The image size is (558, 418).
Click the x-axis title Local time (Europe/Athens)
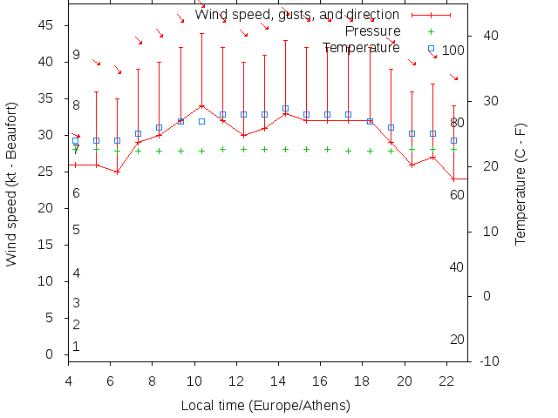pos(265,406)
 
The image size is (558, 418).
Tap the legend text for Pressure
pos(374,31)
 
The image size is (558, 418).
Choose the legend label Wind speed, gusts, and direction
pos(296,15)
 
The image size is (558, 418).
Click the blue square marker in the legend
pos(431,48)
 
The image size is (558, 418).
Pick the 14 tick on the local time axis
pos(278,380)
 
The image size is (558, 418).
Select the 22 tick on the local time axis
pos(446,380)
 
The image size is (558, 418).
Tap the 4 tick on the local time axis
pos(68,380)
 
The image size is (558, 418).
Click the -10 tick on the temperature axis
pos(490,361)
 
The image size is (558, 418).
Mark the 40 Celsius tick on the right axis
pos(490,36)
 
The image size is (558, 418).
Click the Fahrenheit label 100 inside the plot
pos(453,51)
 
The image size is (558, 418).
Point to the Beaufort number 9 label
pos(77,55)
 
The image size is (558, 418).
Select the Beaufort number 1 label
pos(77,347)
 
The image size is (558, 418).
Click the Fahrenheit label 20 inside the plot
pos(457,339)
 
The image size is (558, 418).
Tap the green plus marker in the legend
pos(431,31)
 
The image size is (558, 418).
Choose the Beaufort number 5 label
pos(77,230)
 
